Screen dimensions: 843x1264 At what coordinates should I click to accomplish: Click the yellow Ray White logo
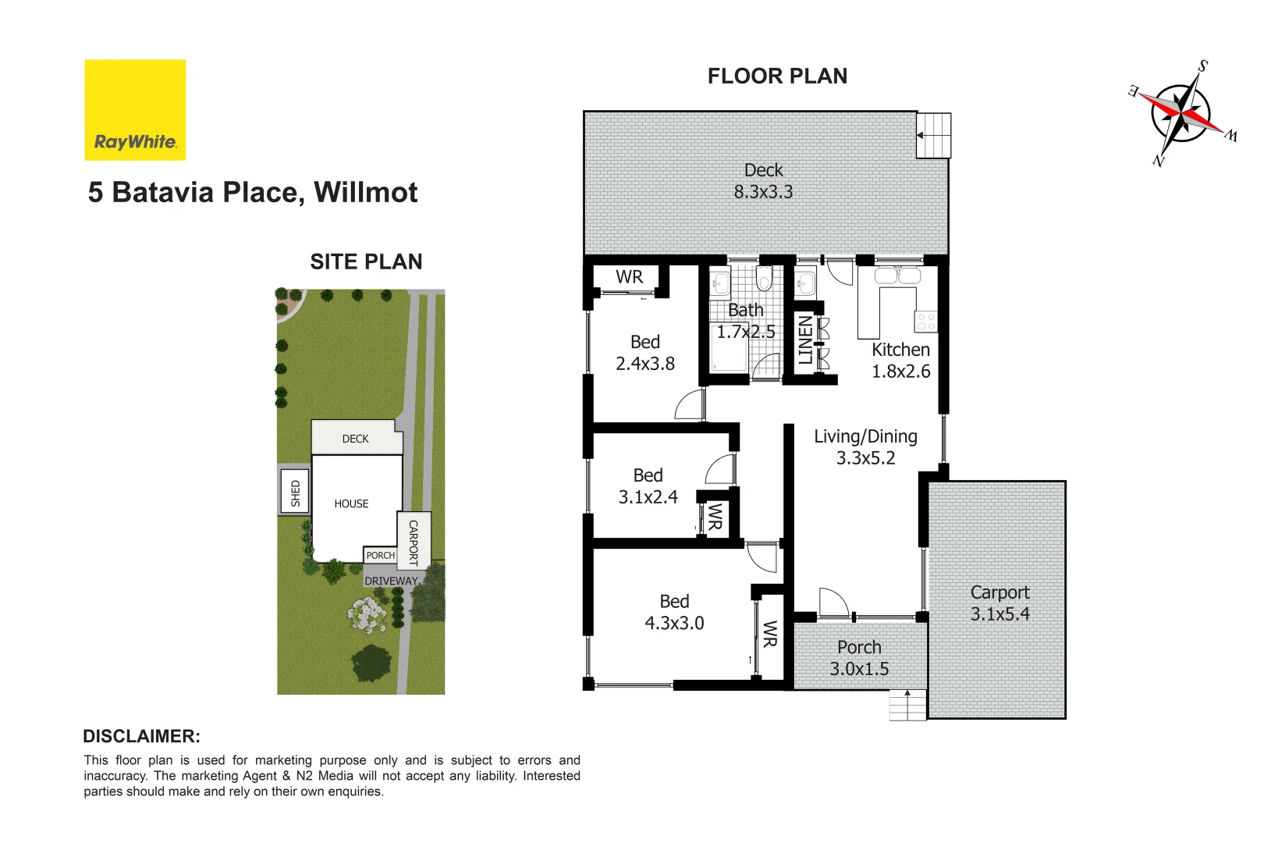(x=135, y=110)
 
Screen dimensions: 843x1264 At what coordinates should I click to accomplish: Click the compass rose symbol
(x=1181, y=112)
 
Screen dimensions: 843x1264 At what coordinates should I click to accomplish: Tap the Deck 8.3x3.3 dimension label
(x=763, y=181)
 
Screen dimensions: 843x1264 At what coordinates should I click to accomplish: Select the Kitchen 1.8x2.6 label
(x=900, y=360)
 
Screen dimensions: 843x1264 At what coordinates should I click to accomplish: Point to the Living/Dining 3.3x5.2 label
(x=865, y=447)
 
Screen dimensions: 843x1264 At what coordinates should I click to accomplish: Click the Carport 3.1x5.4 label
(x=999, y=603)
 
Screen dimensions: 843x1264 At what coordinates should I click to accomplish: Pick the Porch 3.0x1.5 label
(x=859, y=658)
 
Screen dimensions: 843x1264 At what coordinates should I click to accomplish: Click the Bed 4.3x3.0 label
(x=674, y=612)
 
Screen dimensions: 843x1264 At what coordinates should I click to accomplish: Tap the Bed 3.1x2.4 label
(x=648, y=486)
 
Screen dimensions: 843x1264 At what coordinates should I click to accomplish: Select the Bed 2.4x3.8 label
(x=645, y=353)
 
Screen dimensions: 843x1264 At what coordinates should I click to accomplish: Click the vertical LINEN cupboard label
(x=805, y=340)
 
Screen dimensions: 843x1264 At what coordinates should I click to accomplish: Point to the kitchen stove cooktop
(x=926, y=322)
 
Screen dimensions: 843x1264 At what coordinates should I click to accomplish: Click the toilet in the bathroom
(x=765, y=279)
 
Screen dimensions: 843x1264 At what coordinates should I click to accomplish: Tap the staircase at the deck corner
(x=934, y=135)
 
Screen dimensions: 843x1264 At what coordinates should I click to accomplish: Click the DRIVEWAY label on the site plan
(x=391, y=581)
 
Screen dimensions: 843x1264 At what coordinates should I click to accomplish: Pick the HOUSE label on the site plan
(x=351, y=503)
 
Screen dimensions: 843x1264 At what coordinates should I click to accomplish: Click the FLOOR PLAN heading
(x=777, y=76)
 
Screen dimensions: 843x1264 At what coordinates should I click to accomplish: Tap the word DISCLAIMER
(x=141, y=736)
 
